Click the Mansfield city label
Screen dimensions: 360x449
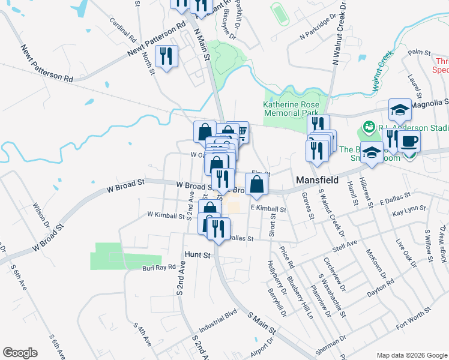(x=316, y=180)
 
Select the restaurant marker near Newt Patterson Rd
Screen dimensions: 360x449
(x=165, y=56)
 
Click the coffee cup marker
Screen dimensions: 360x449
(x=409, y=142)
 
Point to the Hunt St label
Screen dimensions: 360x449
(x=199, y=255)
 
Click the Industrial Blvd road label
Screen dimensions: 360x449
(x=218, y=323)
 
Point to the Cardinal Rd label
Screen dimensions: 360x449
(x=124, y=29)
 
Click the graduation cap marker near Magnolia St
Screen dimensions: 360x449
(x=400, y=110)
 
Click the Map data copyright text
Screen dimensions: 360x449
(x=411, y=355)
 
